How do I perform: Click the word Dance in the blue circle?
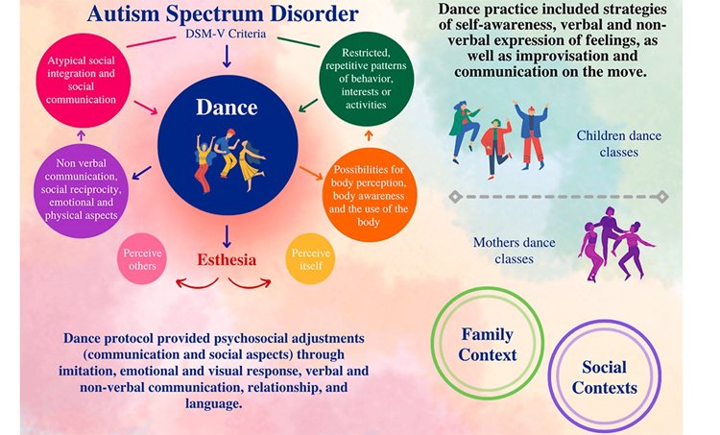[227, 107]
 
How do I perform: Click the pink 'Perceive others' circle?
[142, 259]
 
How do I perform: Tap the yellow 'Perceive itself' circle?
[310, 259]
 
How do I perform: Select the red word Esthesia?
[227, 259]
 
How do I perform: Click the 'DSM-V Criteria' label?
[226, 34]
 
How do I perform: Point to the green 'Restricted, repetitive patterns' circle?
[367, 79]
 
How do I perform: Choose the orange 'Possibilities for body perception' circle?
[369, 195]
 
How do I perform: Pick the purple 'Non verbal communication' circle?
[81, 190]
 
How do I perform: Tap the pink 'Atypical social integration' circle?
[84, 81]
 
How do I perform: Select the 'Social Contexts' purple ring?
[549, 376]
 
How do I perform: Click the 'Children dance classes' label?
[619, 144]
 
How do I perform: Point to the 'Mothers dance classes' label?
[515, 251]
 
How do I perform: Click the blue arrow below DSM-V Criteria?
[227, 57]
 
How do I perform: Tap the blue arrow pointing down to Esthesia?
[227, 236]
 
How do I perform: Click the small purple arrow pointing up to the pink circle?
[82, 135]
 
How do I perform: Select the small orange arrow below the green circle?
[369, 135]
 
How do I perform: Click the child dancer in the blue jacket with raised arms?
[531, 134]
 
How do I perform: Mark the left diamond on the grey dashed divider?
[455, 197]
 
